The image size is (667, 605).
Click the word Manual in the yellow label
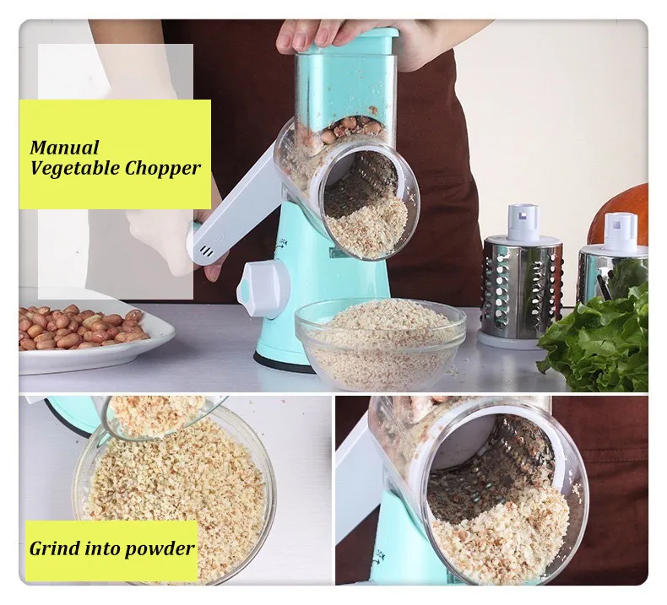pos(64,149)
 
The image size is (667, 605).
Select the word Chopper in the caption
pos(162,168)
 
